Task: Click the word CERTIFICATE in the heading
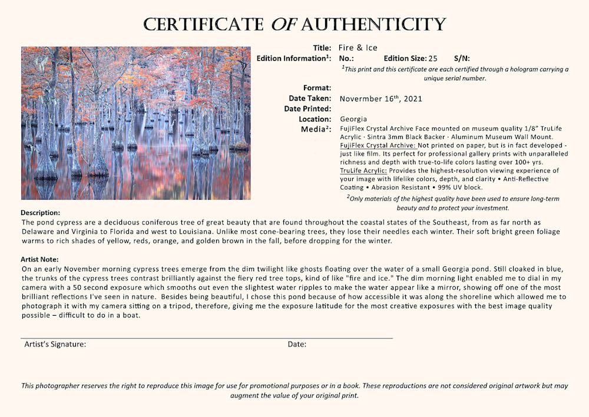204,25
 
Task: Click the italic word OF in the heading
284,25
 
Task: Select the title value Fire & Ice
358,48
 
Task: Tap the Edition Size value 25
433,58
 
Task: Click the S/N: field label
462,58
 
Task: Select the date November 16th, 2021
381,99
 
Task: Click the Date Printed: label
307,109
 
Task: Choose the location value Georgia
353,119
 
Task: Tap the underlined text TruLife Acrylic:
363,171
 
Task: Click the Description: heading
41,213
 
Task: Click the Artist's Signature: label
55,344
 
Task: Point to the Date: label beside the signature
297,344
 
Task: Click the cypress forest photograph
135,123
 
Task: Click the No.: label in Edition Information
346,58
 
